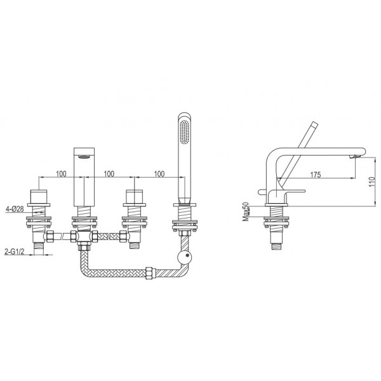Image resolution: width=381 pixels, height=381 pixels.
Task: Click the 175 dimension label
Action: click(x=316, y=175)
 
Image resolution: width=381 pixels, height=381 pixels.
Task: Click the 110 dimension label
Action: click(x=372, y=182)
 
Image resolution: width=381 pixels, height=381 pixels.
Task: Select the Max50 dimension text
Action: click(x=246, y=211)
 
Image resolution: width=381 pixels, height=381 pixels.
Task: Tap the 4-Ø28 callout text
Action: click(x=15, y=209)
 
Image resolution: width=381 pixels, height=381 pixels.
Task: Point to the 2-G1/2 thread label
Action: click(x=15, y=251)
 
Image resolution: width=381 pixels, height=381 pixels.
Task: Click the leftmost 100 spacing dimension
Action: click(x=61, y=174)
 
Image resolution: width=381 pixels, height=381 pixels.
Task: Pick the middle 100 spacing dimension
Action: click(x=109, y=174)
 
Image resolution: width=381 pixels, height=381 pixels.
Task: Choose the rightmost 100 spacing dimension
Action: click(x=159, y=174)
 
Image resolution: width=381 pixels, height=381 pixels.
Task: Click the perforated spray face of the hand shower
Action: click(x=184, y=132)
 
